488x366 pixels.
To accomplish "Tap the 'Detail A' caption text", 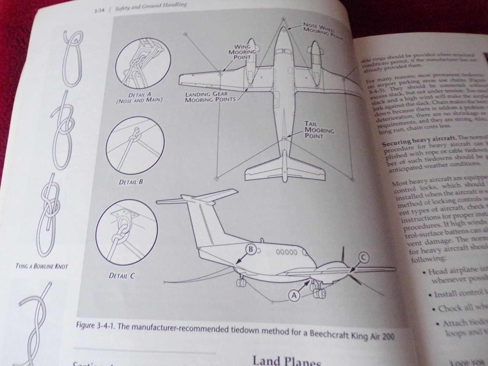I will point(139,98).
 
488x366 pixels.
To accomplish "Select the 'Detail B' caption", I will point(131,182).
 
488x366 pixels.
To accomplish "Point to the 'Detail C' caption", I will point(121,276).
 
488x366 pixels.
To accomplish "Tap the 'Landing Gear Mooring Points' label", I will point(210,96).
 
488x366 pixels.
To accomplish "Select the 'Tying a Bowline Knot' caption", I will point(41,266).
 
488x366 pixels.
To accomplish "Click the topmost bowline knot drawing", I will point(70,59).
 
